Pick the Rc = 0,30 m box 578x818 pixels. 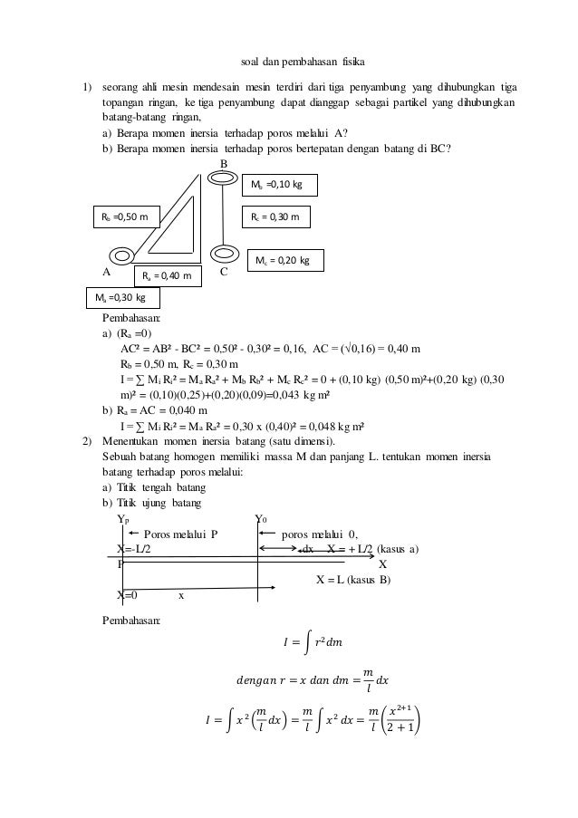(x=278, y=217)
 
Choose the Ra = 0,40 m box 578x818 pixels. (x=169, y=275)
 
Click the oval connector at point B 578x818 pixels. (x=222, y=179)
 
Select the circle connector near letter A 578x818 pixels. (x=124, y=257)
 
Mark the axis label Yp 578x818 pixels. (x=123, y=519)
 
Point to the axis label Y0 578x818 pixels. (x=261, y=519)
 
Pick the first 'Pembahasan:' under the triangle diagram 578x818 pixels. (x=130, y=319)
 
